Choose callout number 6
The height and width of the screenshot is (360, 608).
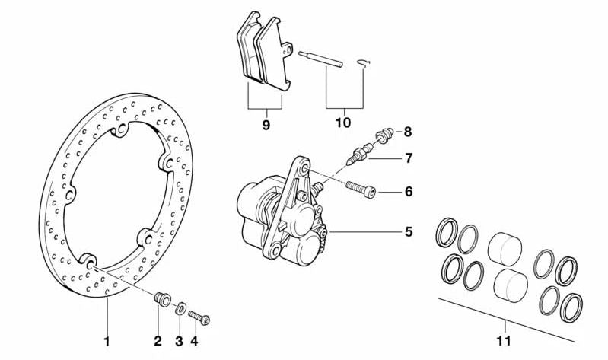coord(409,191)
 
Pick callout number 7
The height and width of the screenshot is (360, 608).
coord(409,159)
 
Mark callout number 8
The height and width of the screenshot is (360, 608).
coord(409,132)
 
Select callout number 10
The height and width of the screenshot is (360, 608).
coord(342,121)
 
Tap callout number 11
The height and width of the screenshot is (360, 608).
coord(504,340)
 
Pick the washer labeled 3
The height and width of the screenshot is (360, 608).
coord(180,308)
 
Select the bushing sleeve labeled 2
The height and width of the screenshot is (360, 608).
coord(161,298)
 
